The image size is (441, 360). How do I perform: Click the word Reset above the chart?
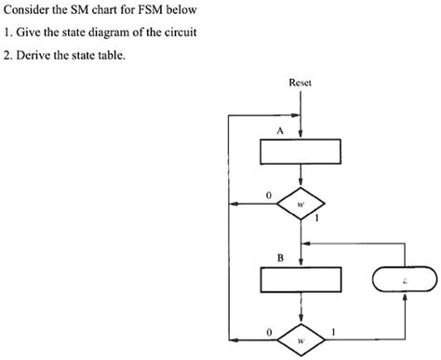[300, 83]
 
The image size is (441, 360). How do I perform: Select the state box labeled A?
[301, 150]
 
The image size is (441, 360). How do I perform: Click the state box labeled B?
[301, 278]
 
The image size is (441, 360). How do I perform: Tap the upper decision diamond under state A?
[301, 203]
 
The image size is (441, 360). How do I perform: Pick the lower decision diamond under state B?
[301, 336]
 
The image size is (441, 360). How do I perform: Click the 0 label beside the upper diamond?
[268, 195]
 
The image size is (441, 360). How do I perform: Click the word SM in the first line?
[88, 10]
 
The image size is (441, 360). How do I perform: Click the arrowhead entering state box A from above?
[301, 134]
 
